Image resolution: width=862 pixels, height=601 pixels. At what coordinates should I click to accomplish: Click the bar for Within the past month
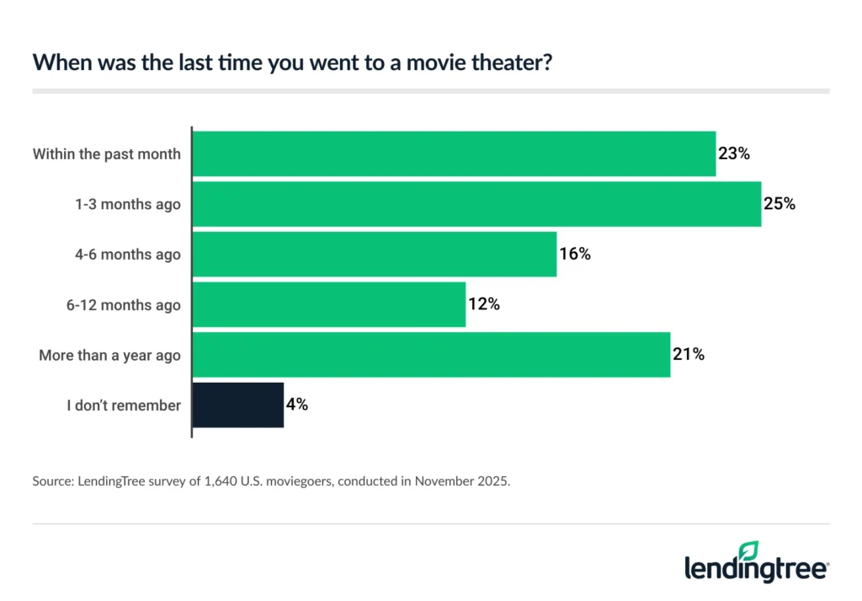(454, 153)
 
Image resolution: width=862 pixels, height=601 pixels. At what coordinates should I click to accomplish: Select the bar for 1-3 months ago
(476, 204)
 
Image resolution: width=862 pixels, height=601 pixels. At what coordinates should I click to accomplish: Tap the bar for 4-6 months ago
(375, 254)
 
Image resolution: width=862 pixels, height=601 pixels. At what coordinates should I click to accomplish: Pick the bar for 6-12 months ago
(329, 304)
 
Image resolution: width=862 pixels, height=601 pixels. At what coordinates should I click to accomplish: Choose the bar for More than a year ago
(431, 355)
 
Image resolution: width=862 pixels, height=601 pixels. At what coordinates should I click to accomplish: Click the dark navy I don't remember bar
(238, 405)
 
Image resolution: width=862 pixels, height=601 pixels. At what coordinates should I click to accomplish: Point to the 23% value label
(733, 153)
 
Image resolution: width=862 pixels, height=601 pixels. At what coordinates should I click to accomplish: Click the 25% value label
(779, 204)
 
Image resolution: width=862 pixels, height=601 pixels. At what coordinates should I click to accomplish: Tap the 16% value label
(574, 254)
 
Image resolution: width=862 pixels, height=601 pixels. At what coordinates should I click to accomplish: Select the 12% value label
(483, 304)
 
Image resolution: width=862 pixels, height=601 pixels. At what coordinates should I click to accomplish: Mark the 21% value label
(688, 355)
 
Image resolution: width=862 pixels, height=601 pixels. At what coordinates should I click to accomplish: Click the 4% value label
(297, 405)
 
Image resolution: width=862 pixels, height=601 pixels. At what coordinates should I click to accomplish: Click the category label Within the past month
(106, 154)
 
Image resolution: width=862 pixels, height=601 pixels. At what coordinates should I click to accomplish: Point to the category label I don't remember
(124, 405)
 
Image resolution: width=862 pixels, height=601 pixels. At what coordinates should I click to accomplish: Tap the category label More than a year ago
(109, 356)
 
